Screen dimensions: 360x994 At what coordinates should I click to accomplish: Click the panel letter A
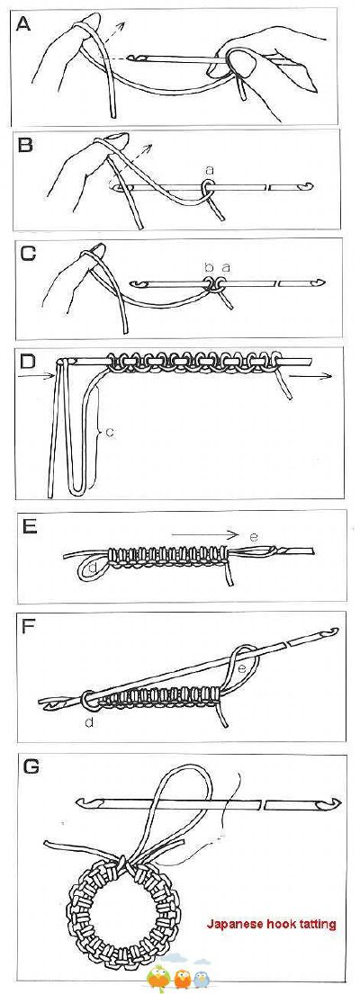[23, 24]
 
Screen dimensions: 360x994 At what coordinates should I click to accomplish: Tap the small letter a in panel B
[209, 170]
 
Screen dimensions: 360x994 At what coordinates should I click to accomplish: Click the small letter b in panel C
[209, 268]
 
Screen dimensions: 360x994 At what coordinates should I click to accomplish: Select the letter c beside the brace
[109, 432]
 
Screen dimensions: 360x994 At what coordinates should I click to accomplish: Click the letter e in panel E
[254, 537]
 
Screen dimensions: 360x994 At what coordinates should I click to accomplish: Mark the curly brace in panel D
[99, 433]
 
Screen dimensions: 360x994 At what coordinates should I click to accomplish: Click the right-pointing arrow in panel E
[204, 533]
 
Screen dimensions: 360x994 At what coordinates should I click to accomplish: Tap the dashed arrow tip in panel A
[125, 22]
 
